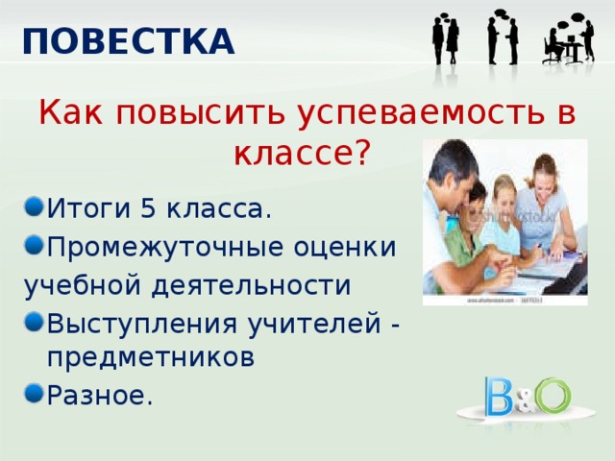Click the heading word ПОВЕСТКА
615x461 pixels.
point(129,41)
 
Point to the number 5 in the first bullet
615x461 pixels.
point(149,208)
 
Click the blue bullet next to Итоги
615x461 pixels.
point(34,206)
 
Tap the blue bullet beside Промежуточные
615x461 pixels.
point(34,245)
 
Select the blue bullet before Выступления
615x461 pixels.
point(34,323)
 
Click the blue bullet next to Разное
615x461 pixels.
point(34,393)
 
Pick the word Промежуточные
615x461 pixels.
point(165,248)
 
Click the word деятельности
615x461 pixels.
point(251,285)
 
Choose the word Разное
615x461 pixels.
point(100,396)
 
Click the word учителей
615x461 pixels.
point(314,325)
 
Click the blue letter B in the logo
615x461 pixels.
point(498,397)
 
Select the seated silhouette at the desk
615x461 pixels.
point(553,46)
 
